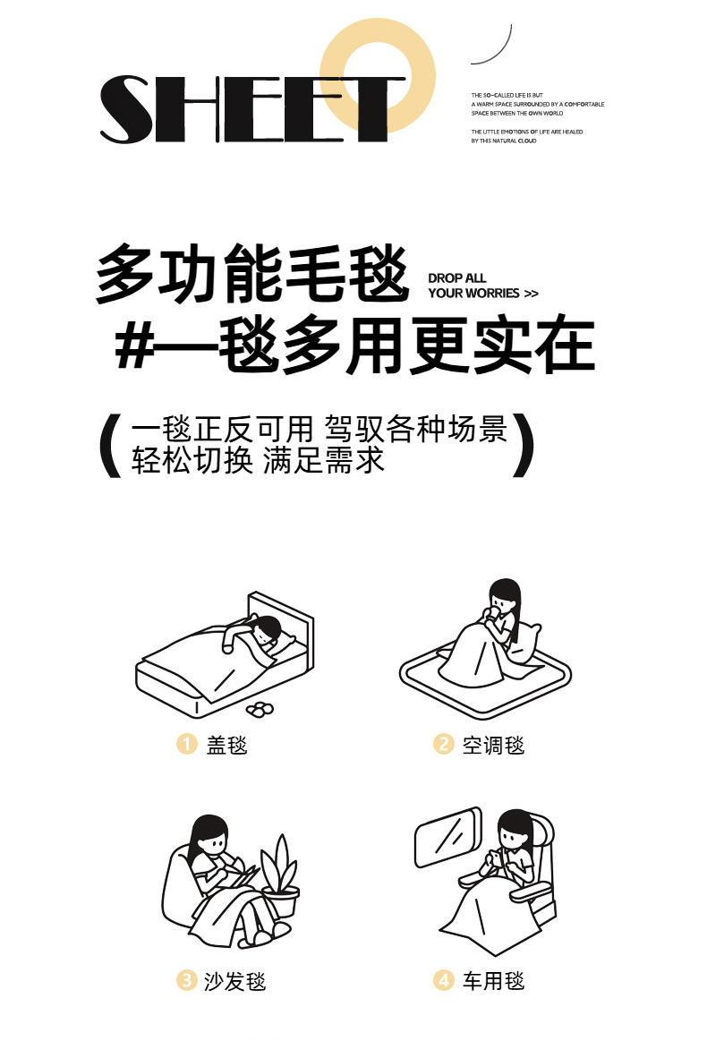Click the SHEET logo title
[x=252, y=109]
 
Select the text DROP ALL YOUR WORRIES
[x=482, y=286]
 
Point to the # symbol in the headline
[x=135, y=346]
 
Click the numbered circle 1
[x=186, y=744]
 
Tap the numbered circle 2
[x=443, y=744]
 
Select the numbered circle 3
[x=186, y=980]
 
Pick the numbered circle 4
[x=443, y=980]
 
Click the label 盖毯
[x=226, y=745]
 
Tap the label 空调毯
[x=493, y=745]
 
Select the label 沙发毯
[x=234, y=981]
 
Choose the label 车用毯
[x=493, y=981]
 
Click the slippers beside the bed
[x=260, y=709]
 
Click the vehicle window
[x=448, y=837]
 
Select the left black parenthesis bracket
[x=109, y=445]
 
